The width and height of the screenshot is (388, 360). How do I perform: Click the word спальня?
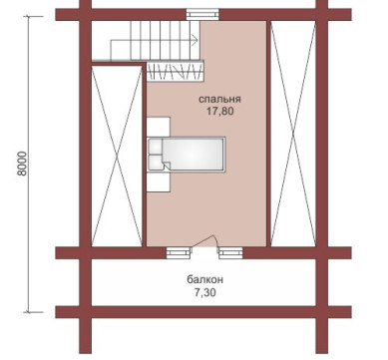point(219,100)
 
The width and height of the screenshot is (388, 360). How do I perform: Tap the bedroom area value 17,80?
point(220,111)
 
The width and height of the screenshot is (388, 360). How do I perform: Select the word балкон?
point(204,279)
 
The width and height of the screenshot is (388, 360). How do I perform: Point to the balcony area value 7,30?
point(204,292)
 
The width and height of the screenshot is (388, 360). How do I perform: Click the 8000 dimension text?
point(22,164)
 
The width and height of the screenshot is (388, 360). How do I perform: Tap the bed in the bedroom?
point(187,155)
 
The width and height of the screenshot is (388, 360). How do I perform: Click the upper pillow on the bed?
point(155,147)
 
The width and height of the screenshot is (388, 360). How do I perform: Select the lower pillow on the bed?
point(156,163)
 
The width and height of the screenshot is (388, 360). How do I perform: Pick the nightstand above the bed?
point(159,127)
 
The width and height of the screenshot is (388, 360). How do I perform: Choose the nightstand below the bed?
point(159,182)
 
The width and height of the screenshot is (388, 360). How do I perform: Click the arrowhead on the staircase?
point(195,40)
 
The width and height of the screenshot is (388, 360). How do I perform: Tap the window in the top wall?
point(202,15)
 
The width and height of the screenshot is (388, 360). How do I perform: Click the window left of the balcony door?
point(179,253)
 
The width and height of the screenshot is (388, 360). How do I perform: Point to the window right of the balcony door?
point(230,253)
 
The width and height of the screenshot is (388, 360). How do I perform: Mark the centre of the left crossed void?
point(117,156)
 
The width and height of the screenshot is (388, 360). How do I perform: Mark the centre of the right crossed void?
point(293,134)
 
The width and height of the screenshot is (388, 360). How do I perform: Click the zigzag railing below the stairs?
point(175,71)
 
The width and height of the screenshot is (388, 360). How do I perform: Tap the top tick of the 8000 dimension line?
point(28,16)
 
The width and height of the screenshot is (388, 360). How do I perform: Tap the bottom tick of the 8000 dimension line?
point(28,312)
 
